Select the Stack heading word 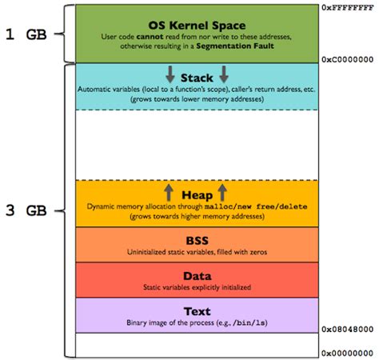point(197,78)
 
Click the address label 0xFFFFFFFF point(349,6)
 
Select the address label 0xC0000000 point(349,58)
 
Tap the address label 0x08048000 point(349,329)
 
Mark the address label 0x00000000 point(349,353)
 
